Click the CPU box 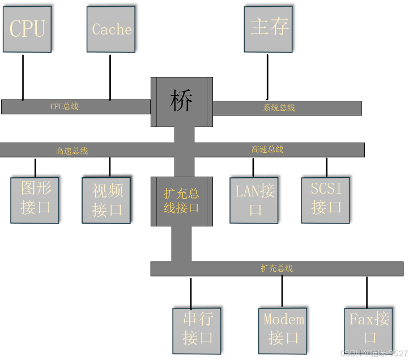click(27, 29)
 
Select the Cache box click(111, 29)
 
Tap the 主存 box click(269, 29)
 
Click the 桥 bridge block click(181, 102)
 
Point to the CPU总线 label click(65, 106)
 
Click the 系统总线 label click(279, 108)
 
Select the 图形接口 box click(35, 199)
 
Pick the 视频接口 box click(106, 200)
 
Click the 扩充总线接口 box click(181, 202)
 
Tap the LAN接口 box click(254, 200)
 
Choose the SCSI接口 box click(326, 198)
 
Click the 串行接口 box click(197, 329)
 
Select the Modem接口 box click(283, 329)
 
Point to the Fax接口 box click(369, 329)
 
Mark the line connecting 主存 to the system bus click(267, 76)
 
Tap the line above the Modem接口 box click(282, 292)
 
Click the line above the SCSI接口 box click(327, 167)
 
